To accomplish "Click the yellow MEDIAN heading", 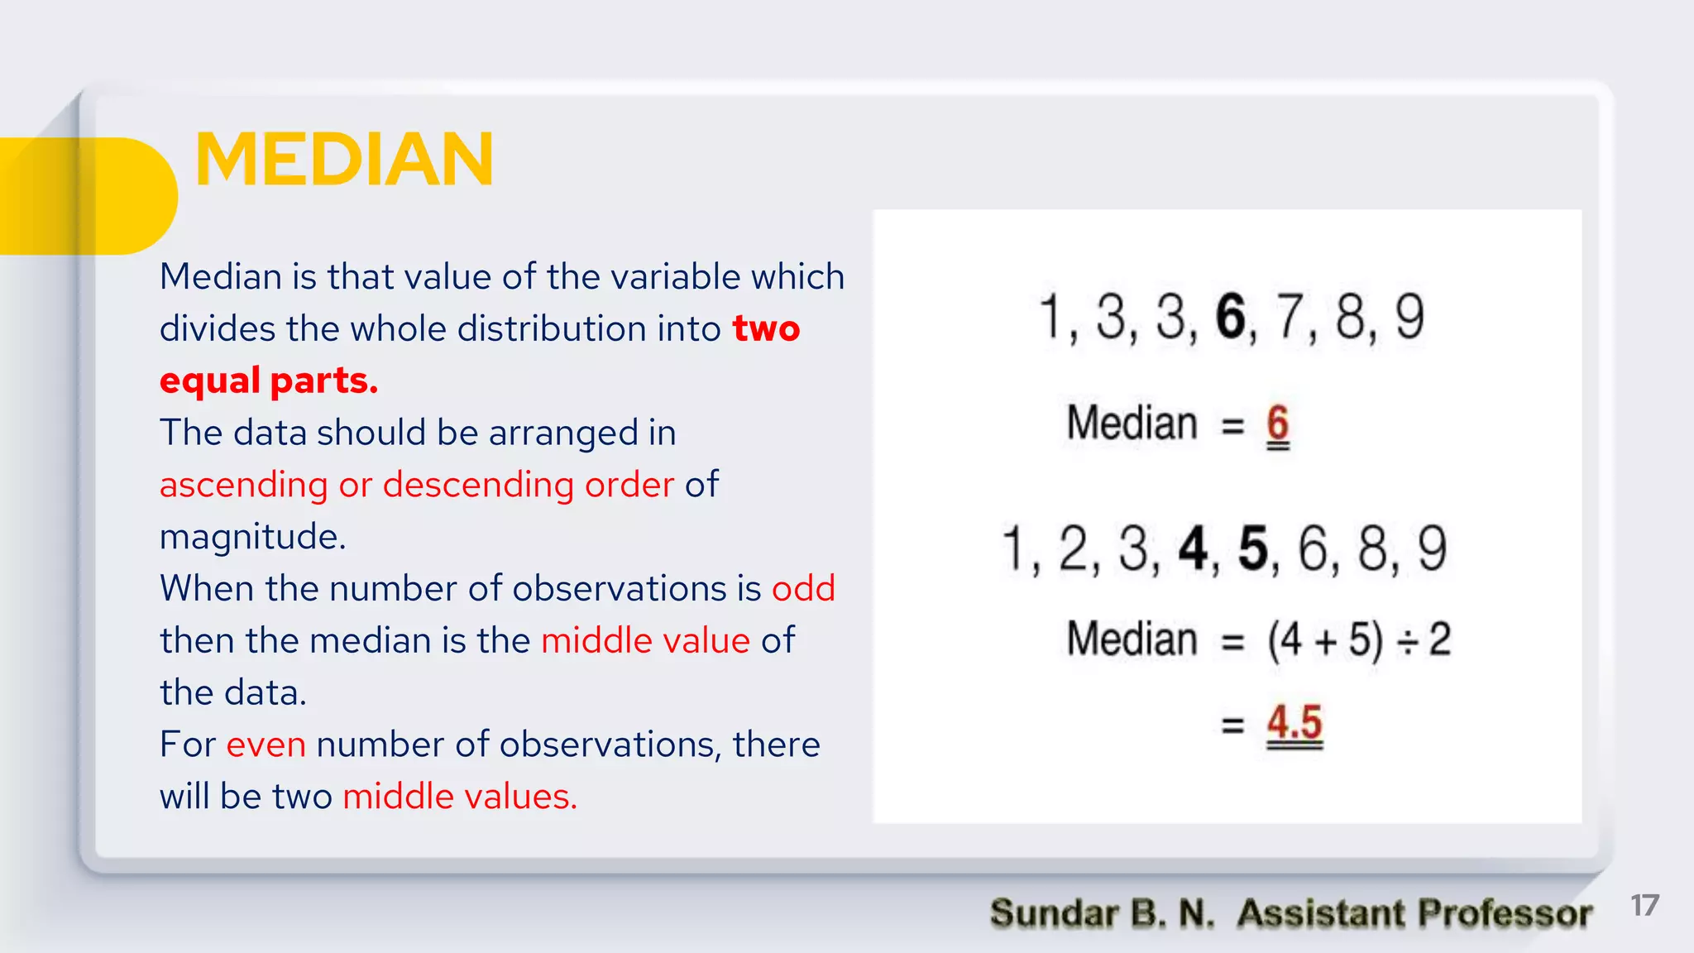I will [x=344, y=159].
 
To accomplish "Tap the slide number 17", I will [x=1644, y=906].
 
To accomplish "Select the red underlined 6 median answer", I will [x=1278, y=424].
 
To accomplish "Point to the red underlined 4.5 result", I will [x=1294, y=722].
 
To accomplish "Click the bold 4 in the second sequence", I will [x=1194, y=548].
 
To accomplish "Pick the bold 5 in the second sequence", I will [x=1253, y=548].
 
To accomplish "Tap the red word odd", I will [x=803, y=588].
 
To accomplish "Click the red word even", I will [x=266, y=745].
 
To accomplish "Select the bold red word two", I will [x=766, y=328].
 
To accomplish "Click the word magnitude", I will [x=251, y=538].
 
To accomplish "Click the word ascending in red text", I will [x=244, y=486].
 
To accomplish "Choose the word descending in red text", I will [x=478, y=484].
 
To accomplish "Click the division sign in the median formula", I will [x=1406, y=641].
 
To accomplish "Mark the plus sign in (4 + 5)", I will [x=1325, y=641].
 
